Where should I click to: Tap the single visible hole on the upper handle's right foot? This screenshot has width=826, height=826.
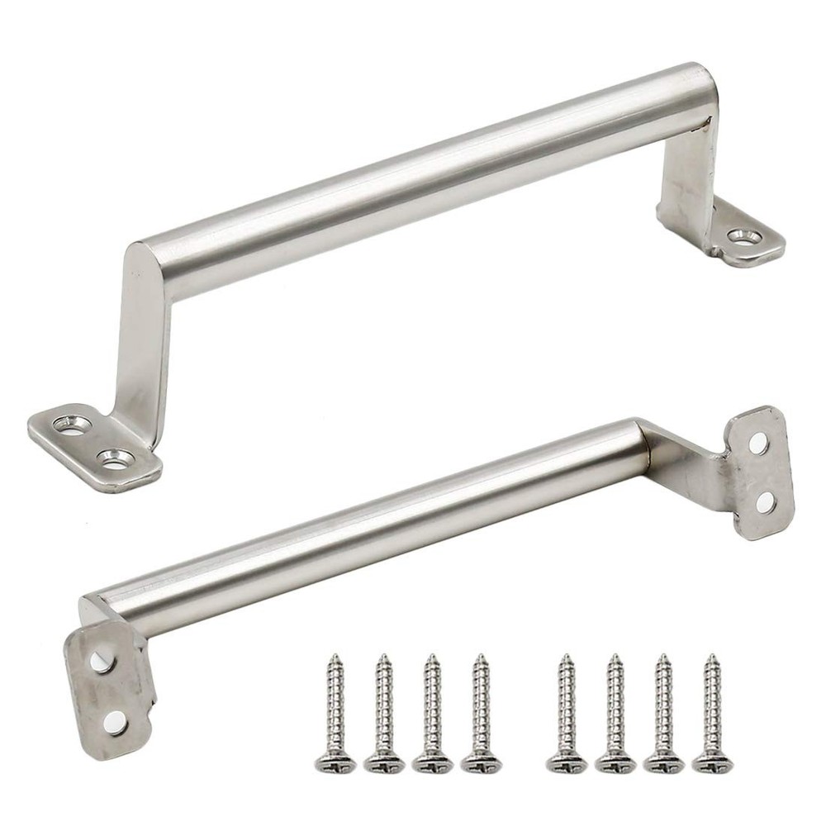click(x=745, y=238)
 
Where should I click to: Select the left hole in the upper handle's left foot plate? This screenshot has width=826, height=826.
click(x=72, y=425)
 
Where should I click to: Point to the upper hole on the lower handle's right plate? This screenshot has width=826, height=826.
click(x=758, y=444)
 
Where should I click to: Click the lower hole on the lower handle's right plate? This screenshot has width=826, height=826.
click(x=765, y=501)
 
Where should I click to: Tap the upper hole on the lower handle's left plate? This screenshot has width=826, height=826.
click(x=100, y=661)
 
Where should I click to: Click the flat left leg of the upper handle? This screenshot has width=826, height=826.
click(x=140, y=347)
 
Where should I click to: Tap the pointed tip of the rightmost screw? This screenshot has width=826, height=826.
click(x=710, y=657)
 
